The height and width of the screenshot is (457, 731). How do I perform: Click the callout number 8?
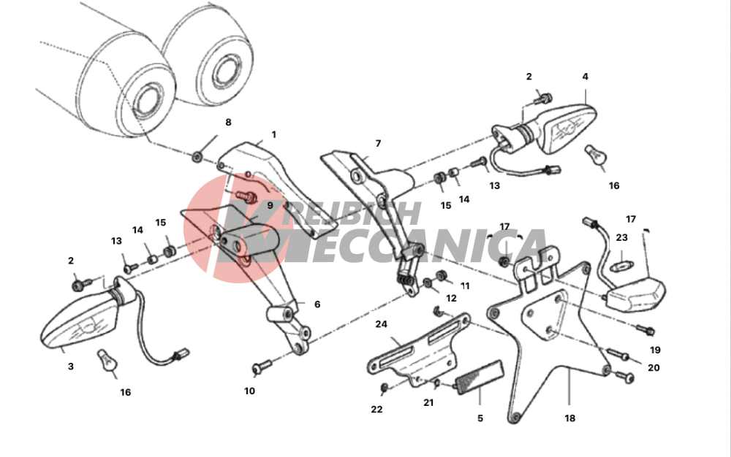click(228, 123)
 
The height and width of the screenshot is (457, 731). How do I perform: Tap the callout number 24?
click(382, 324)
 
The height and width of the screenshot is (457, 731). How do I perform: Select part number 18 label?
click(569, 418)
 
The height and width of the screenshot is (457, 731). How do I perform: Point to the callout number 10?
click(249, 391)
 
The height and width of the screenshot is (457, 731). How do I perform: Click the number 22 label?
click(376, 409)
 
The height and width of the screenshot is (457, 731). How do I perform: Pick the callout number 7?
click(378, 143)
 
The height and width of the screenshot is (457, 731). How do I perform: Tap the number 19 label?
click(655, 350)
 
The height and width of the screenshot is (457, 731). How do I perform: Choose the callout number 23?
click(622, 237)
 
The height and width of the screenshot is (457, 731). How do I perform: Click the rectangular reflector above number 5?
click(480, 377)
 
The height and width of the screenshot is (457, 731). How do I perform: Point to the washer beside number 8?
click(197, 156)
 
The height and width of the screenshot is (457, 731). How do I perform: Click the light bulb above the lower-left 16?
click(107, 360)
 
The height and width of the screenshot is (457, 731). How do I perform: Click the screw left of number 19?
click(646, 330)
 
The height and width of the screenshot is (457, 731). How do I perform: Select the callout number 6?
click(317, 304)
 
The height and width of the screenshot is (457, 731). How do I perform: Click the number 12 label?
click(451, 299)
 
